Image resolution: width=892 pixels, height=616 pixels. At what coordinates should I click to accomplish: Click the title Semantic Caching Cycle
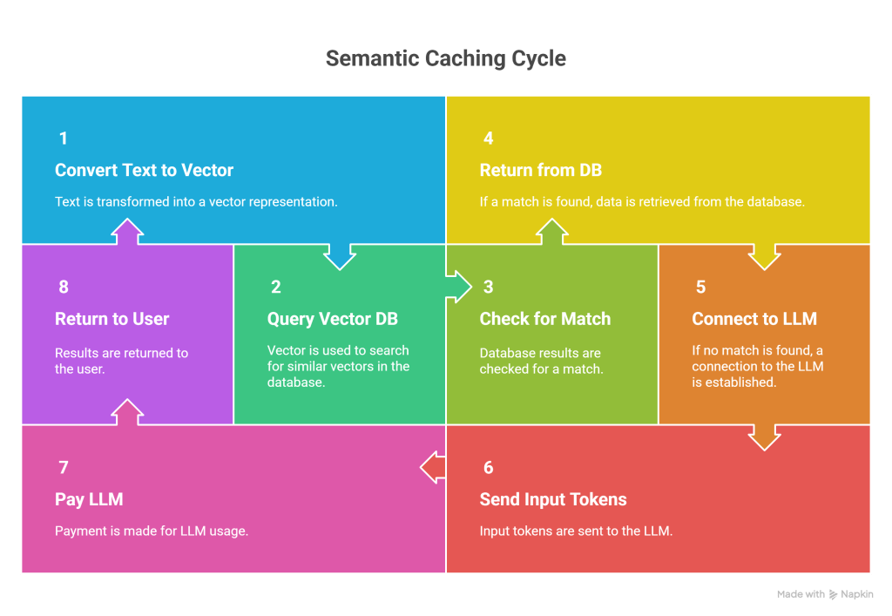click(445, 59)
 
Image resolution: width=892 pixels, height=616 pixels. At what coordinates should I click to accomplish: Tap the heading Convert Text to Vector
click(144, 170)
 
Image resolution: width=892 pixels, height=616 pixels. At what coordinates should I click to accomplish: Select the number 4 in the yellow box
click(489, 139)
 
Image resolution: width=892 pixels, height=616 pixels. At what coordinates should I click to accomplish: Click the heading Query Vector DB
click(332, 319)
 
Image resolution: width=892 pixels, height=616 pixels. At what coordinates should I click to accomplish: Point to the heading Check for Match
click(544, 319)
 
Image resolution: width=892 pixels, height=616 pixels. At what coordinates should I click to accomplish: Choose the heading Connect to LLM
click(754, 319)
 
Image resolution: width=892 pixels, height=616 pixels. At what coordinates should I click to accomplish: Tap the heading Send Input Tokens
click(553, 499)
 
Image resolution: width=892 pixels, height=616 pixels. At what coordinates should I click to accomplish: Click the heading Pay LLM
click(89, 499)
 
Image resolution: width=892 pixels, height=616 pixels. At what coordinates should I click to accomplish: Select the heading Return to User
click(111, 319)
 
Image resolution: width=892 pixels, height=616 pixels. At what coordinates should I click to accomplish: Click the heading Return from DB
click(541, 170)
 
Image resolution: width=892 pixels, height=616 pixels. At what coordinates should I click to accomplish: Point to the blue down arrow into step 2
click(340, 255)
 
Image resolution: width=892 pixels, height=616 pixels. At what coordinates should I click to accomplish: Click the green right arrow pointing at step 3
click(458, 287)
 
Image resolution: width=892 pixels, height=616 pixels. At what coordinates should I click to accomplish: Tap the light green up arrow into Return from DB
click(552, 233)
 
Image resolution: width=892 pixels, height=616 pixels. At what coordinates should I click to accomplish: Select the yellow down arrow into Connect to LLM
click(764, 255)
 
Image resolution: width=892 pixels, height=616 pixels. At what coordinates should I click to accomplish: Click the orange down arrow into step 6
click(764, 436)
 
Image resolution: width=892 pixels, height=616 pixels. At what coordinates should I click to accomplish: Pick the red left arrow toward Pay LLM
click(433, 468)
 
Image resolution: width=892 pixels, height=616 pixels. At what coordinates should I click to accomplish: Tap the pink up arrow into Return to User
click(128, 412)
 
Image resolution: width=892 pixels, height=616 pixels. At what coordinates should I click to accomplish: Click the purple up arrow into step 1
click(128, 233)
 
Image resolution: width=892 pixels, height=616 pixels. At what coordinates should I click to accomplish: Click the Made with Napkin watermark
click(823, 594)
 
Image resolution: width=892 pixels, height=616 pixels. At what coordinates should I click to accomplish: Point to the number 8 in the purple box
click(64, 288)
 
